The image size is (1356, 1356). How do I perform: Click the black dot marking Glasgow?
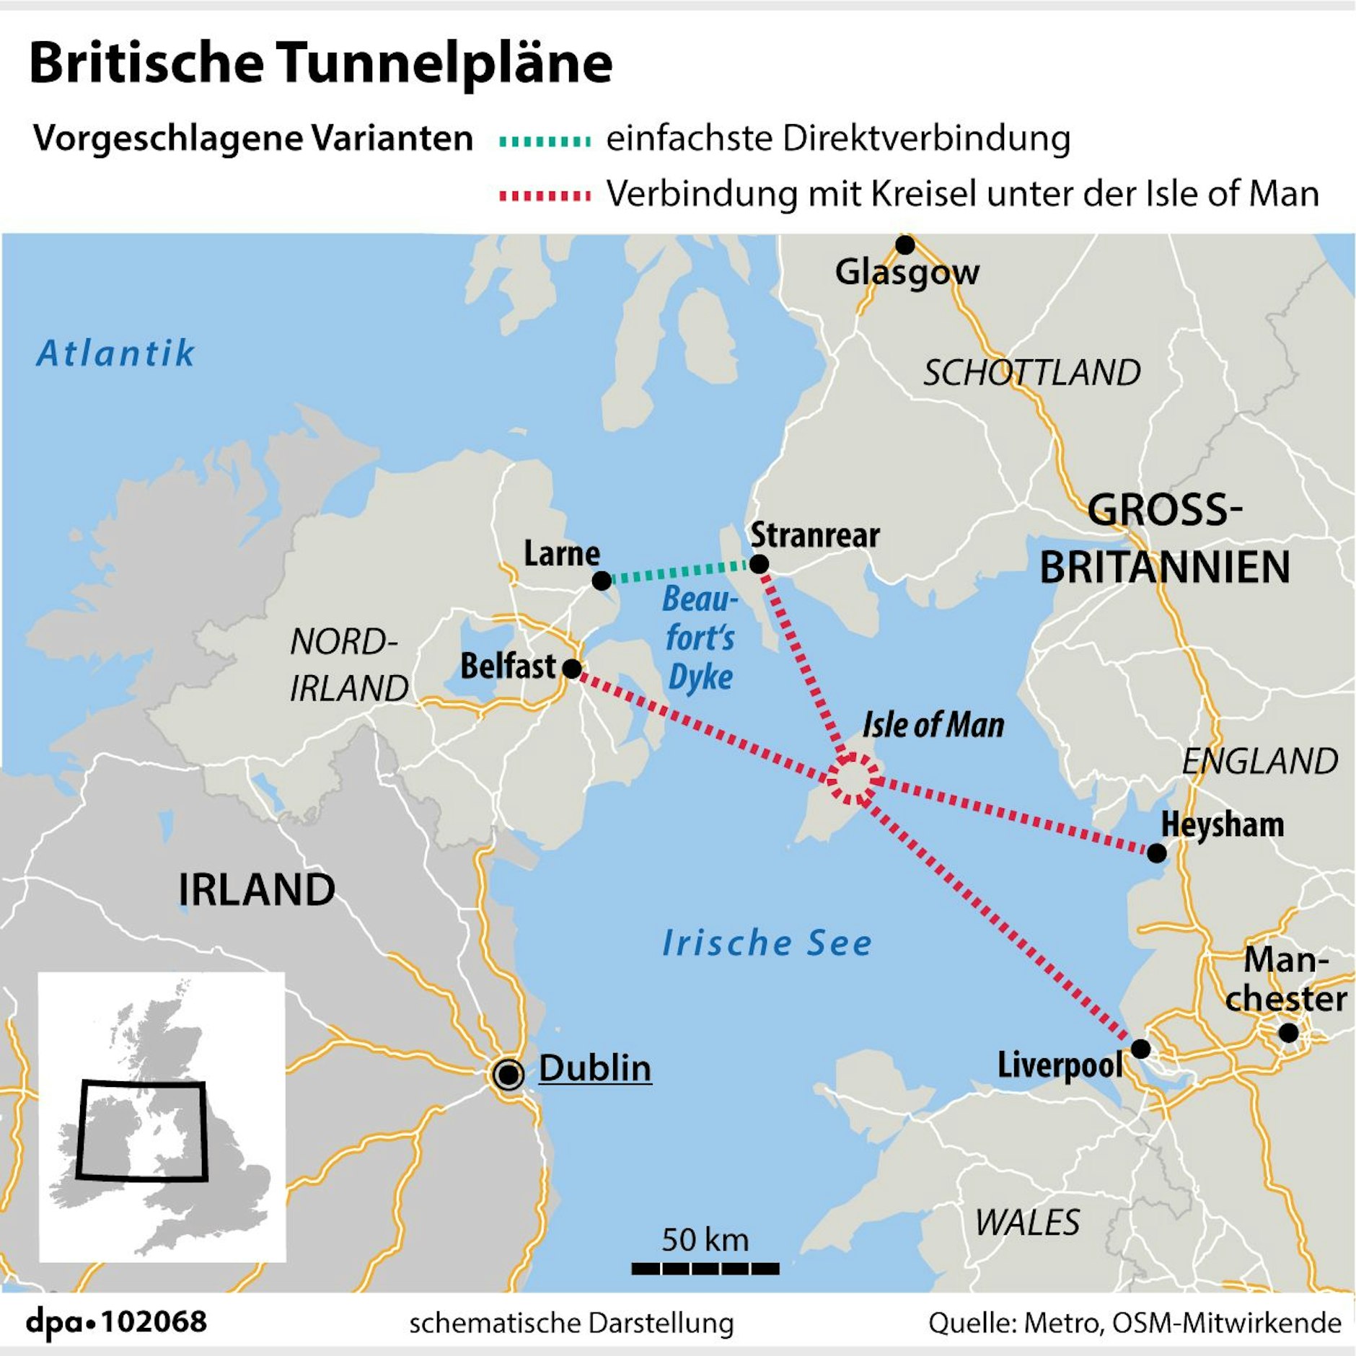pos(904,245)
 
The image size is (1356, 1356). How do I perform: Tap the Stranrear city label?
pos(814,535)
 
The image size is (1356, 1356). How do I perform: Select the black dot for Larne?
pos(601,581)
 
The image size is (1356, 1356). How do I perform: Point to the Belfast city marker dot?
pos(571,669)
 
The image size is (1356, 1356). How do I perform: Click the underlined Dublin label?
pos(594,1068)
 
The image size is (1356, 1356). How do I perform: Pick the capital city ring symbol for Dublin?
pos(508,1075)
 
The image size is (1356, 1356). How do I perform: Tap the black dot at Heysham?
pos(1156,853)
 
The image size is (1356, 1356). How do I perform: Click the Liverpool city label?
pos(1060,1065)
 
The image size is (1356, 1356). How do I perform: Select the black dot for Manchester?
pos(1288,1033)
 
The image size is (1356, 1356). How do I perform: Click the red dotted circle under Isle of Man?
pos(853,778)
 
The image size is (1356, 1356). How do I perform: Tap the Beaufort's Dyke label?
pos(700,638)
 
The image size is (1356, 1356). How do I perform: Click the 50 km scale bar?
pos(705,1268)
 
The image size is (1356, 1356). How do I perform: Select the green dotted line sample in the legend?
pos(545,141)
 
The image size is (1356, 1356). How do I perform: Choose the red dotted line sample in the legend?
pos(545,196)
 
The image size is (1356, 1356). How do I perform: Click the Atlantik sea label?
pos(115,353)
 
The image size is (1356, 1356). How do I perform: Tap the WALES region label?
pos(1027,1223)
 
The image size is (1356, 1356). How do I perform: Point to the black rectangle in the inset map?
pos(142,1130)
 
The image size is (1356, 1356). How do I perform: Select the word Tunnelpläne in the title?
pos(444,63)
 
